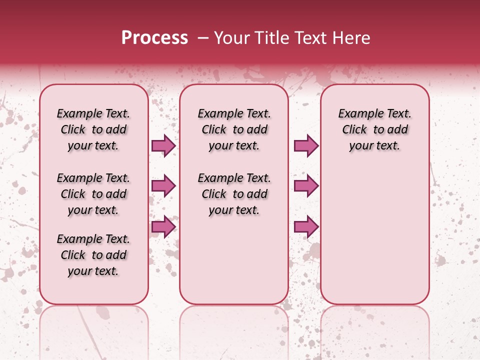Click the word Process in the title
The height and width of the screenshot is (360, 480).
click(154, 38)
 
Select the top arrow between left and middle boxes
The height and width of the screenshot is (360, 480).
click(163, 145)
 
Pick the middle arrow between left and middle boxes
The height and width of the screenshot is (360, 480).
click(163, 186)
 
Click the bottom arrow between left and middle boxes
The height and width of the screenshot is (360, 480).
click(163, 226)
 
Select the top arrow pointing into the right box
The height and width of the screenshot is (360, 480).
click(306, 145)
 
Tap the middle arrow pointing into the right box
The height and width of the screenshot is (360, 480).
click(306, 186)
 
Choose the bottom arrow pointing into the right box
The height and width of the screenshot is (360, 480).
click(306, 226)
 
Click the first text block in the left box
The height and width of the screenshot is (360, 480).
click(93, 129)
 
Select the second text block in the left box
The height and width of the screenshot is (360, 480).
click(93, 194)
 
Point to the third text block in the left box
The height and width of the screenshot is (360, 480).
click(93, 255)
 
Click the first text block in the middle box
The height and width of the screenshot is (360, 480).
click(234, 129)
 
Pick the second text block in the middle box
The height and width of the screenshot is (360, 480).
click(234, 194)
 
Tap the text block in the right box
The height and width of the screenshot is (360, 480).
click(374, 129)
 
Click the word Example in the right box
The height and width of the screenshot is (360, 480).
click(359, 114)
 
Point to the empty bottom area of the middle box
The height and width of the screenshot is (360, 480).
click(234, 265)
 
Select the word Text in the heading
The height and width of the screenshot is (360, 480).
click(310, 38)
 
